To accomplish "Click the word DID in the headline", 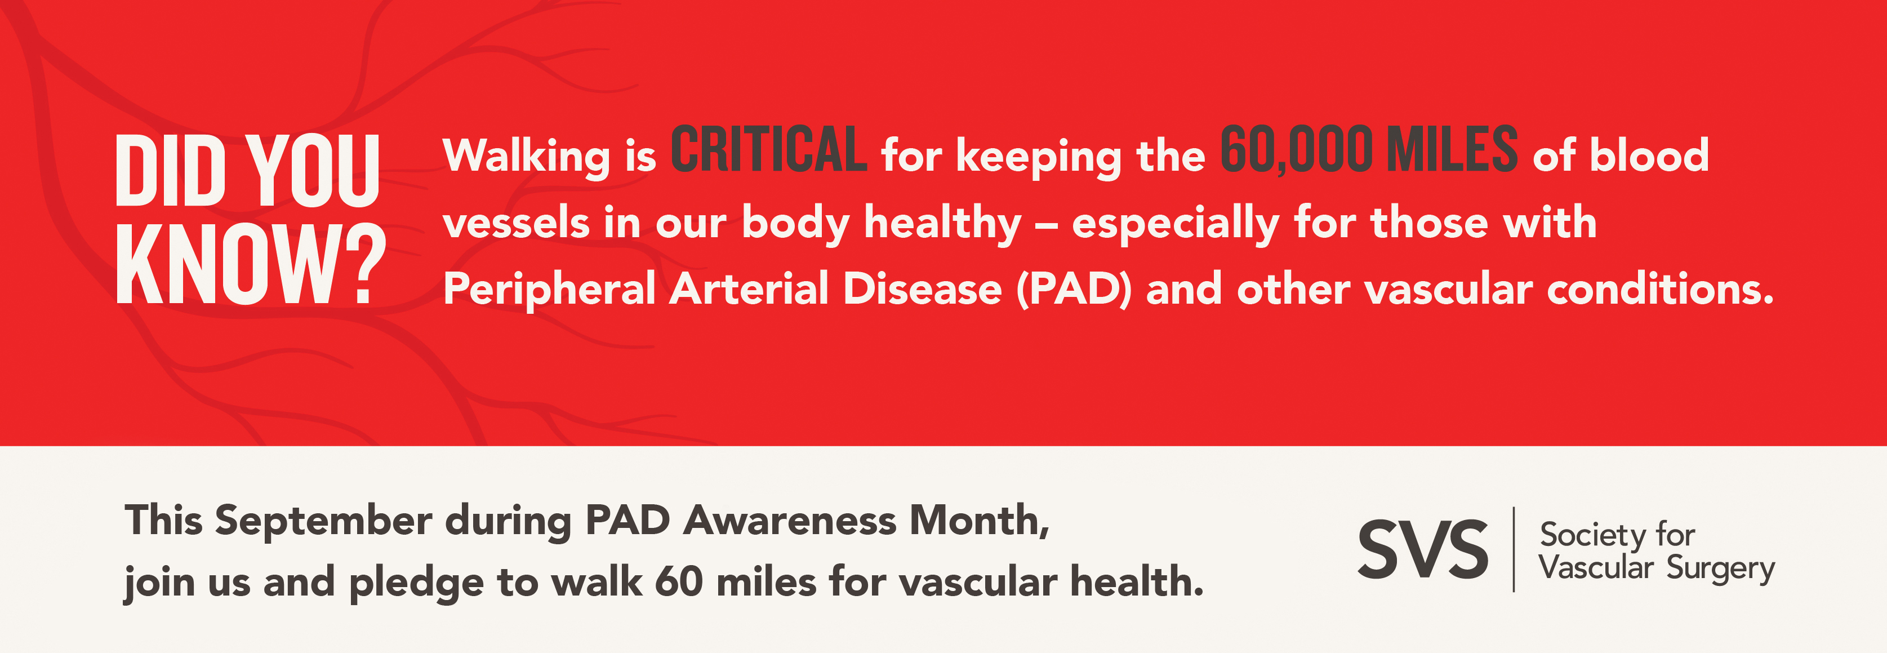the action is (x=171, y=170).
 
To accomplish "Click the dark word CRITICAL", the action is (x=769, y=149).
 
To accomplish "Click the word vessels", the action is (x=516, y=223).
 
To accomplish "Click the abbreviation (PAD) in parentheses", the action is (x=1074, y=290).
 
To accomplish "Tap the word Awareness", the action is (x=790, y=521).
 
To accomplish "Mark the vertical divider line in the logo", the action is (x=1514, y=549).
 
